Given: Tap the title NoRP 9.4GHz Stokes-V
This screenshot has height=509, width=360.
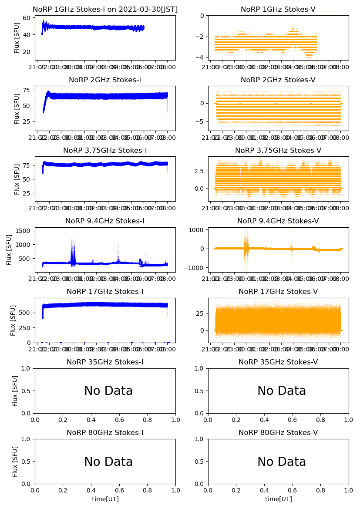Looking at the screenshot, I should (x=278, y=221).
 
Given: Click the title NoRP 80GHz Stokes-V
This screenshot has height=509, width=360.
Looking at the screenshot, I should (x=278, y=433).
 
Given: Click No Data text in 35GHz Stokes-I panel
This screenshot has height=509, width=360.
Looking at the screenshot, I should (x=108, y=391).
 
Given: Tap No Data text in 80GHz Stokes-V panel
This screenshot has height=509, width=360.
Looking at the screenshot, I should (x=282, y=462).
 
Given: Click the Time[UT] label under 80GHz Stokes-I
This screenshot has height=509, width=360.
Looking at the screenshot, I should (x=105, y=499).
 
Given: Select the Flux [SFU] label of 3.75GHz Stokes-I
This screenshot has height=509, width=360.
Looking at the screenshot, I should (x=17, y=179).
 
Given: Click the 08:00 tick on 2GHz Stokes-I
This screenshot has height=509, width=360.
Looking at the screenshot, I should (x=168, y=138).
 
